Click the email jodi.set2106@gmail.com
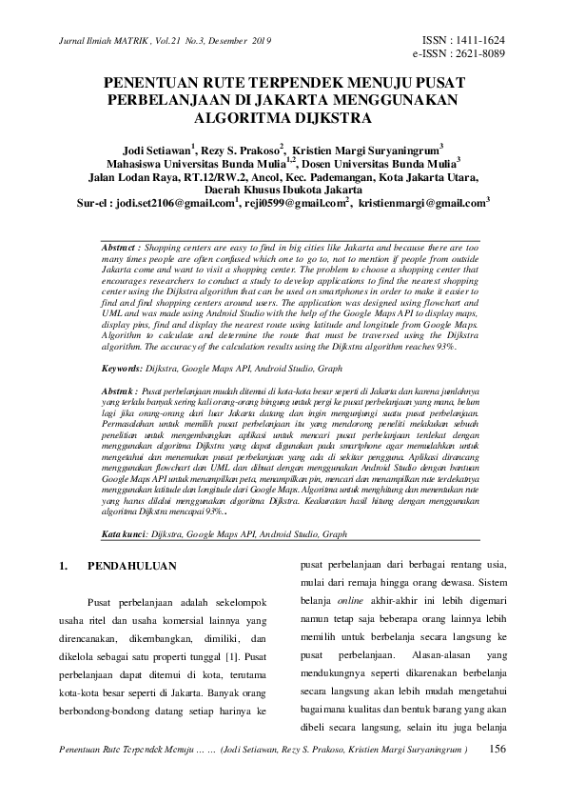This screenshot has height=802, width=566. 174,203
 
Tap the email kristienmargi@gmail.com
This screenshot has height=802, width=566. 422,203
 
